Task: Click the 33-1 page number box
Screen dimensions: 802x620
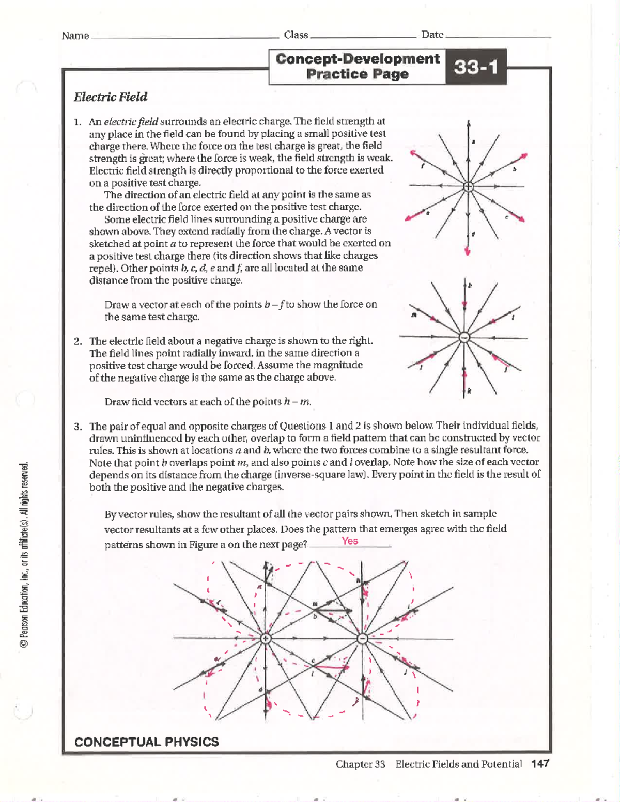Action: (x=475, y=67)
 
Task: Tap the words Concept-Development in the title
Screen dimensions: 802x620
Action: (x=358, y=59)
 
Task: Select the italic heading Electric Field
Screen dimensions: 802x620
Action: (x=111, y=97)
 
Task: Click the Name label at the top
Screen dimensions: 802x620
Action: (x=75, y=36)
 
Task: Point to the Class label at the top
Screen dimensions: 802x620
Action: (x=296, y=35)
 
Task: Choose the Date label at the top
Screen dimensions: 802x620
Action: (x=432, y=35)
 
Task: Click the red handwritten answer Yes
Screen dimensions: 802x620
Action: (x=350, y=541)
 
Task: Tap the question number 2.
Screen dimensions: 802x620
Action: (x=78, y=341)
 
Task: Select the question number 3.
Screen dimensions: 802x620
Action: (x=78, y=427)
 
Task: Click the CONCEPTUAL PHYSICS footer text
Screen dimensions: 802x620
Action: (x=147, y=742)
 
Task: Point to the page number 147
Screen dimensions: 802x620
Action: (x=540, y=764)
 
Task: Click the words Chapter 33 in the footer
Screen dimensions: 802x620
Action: (x=361, y=764)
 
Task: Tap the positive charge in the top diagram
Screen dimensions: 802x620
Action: (x=468, y=186)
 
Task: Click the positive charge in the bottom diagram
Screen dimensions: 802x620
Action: (x=266, y=638)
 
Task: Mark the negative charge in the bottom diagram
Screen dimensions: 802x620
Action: (x=362, y=638)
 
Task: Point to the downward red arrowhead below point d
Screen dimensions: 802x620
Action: (x=468, y=251)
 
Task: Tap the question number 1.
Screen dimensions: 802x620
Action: (x=78, y=122)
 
